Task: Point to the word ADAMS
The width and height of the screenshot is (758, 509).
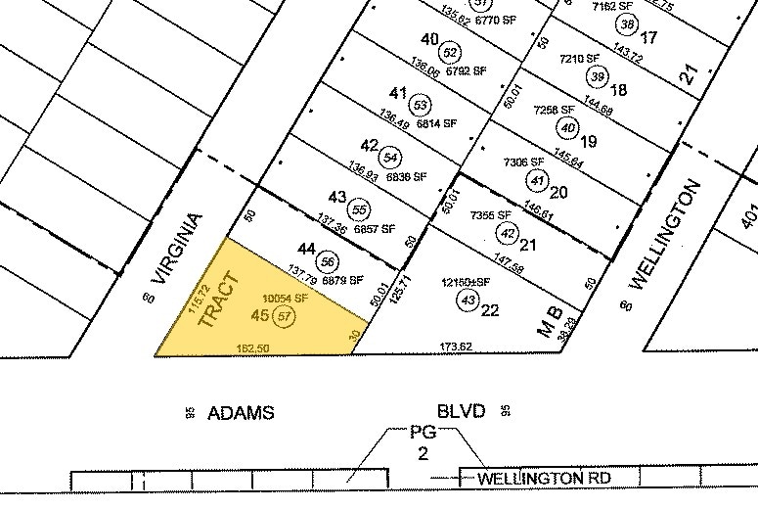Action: (x=241, y=413)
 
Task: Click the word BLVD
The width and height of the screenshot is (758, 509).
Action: (x=462, y=412)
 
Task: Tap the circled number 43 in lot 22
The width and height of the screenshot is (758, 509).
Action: (x=468, y=300)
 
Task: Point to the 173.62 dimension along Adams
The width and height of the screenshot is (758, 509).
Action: (x=457, y=347)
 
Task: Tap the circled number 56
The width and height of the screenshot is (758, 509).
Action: (x=329, y=261)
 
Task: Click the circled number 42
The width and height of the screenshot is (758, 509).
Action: (x=507, y=233)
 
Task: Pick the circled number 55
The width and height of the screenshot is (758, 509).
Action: (x=360, y=208)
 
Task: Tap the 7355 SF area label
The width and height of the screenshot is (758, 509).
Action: (x=491, y=215)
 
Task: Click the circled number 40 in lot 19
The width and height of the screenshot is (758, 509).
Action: (x=567, y=125)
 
